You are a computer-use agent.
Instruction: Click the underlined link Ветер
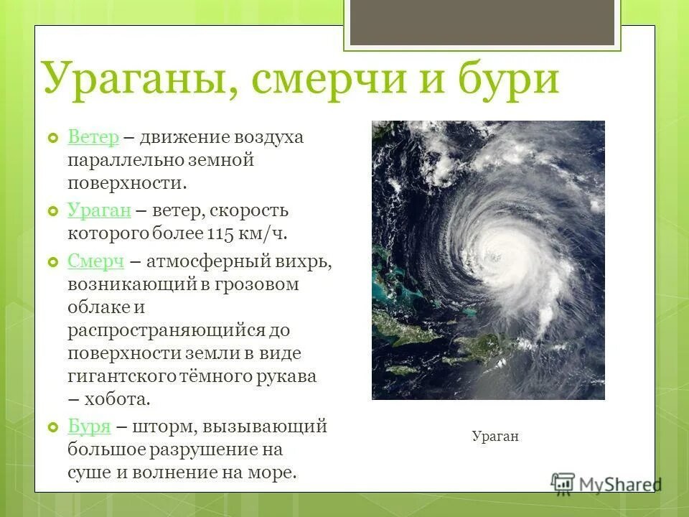(93, 137)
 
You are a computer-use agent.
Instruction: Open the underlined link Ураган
(99, 210)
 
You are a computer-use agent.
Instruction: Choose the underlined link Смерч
(96, 261)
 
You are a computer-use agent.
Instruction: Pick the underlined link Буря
(89, 427)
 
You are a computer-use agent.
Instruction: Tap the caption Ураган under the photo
(495, 436)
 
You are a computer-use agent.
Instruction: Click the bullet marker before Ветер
(52, 138)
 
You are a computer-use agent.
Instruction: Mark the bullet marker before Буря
(52, 427)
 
